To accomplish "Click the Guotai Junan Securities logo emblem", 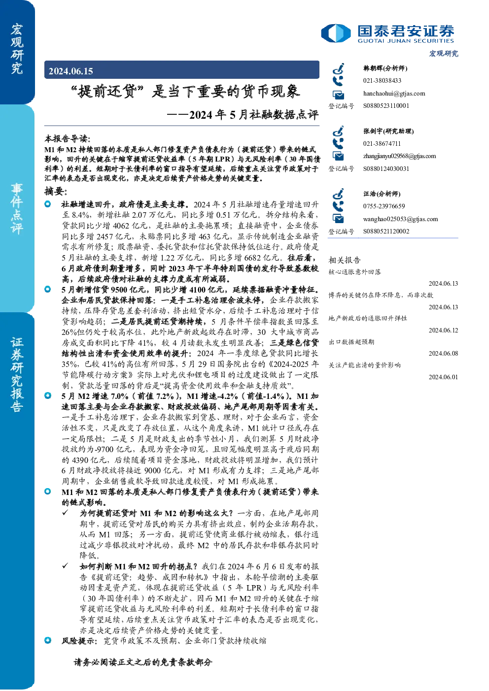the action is click(x=336, y=33).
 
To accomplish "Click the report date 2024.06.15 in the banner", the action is click(x=70, y=71).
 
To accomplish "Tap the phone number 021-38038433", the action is click(x=382, y=80).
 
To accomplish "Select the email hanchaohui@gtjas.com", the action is click(x=394, y=94).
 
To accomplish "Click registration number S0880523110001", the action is click(x=386, y=105).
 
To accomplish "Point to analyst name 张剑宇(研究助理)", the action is click(x=388, y=131).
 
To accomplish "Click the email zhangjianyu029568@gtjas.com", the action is click(x=399, y=156).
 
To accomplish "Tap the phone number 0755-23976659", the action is click(x=384, y=206).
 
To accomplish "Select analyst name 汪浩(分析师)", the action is click(x=382, y=194).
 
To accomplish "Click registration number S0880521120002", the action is click(x=386, y=231).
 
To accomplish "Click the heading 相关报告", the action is click(x=344, y=260).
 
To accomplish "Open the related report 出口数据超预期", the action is click(x=351, y=342).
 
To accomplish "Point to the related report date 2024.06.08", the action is click(x=443, y=354).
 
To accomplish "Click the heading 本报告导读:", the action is click(x=67, y=138).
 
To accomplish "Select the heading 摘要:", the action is click(x=56, y=191).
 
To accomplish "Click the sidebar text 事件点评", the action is click(x=17, y=208).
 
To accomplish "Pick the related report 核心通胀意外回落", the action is click(x=354, y=272).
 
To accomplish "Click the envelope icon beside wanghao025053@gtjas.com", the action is click(x=338, y=219).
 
